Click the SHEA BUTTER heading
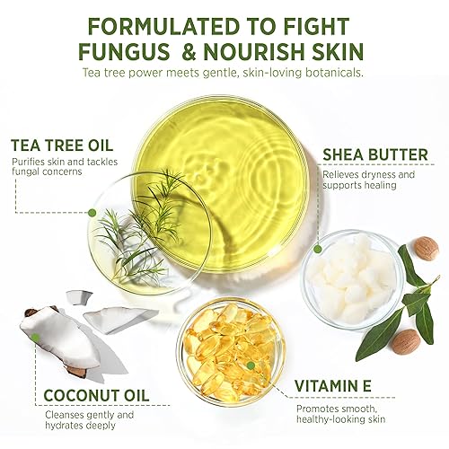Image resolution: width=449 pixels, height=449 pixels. tap(375, 154)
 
